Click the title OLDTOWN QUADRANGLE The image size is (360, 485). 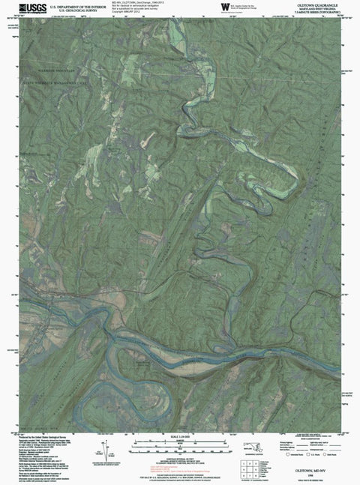[x=307, y=4]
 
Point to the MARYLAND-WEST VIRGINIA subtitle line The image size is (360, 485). [x=307, y=8]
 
